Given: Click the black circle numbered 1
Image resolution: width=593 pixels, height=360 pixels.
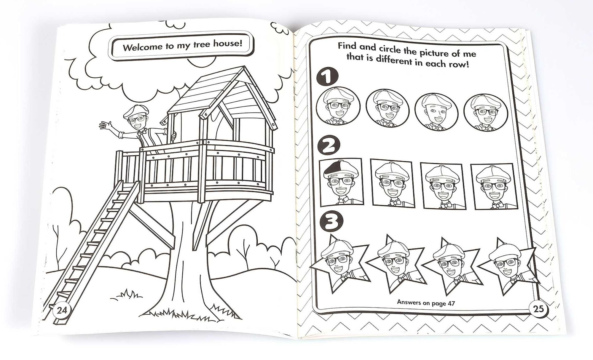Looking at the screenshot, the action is point(327,77).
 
